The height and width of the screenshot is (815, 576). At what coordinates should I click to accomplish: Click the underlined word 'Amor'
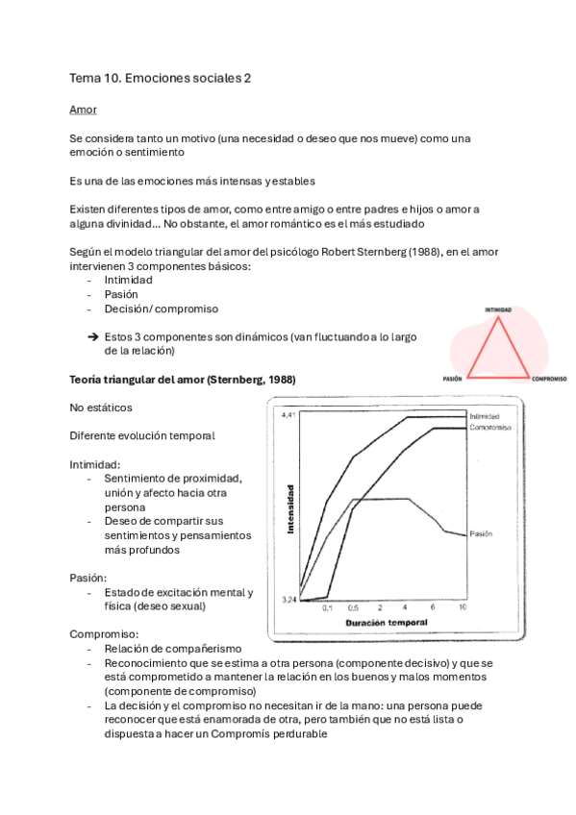click(x=83, y=111)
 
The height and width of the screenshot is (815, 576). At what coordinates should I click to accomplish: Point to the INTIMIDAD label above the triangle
click(x=497, y=310)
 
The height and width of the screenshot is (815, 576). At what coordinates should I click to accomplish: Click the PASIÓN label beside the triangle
click(x=453, y=379)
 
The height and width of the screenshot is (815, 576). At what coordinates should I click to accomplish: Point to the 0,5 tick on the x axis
click(x=353, y=608)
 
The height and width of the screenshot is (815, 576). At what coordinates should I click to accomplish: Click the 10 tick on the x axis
click(x=463, y=608)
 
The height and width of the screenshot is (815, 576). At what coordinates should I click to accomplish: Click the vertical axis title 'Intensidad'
click(x=289, y=509)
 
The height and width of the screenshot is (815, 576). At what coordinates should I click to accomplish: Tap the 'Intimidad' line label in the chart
click(x=486, y=416)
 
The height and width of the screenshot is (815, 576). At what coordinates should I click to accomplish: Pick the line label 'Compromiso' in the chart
click(x=489, y=427)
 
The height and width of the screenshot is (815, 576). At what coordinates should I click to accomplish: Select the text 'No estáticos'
click(x=101, y=407)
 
